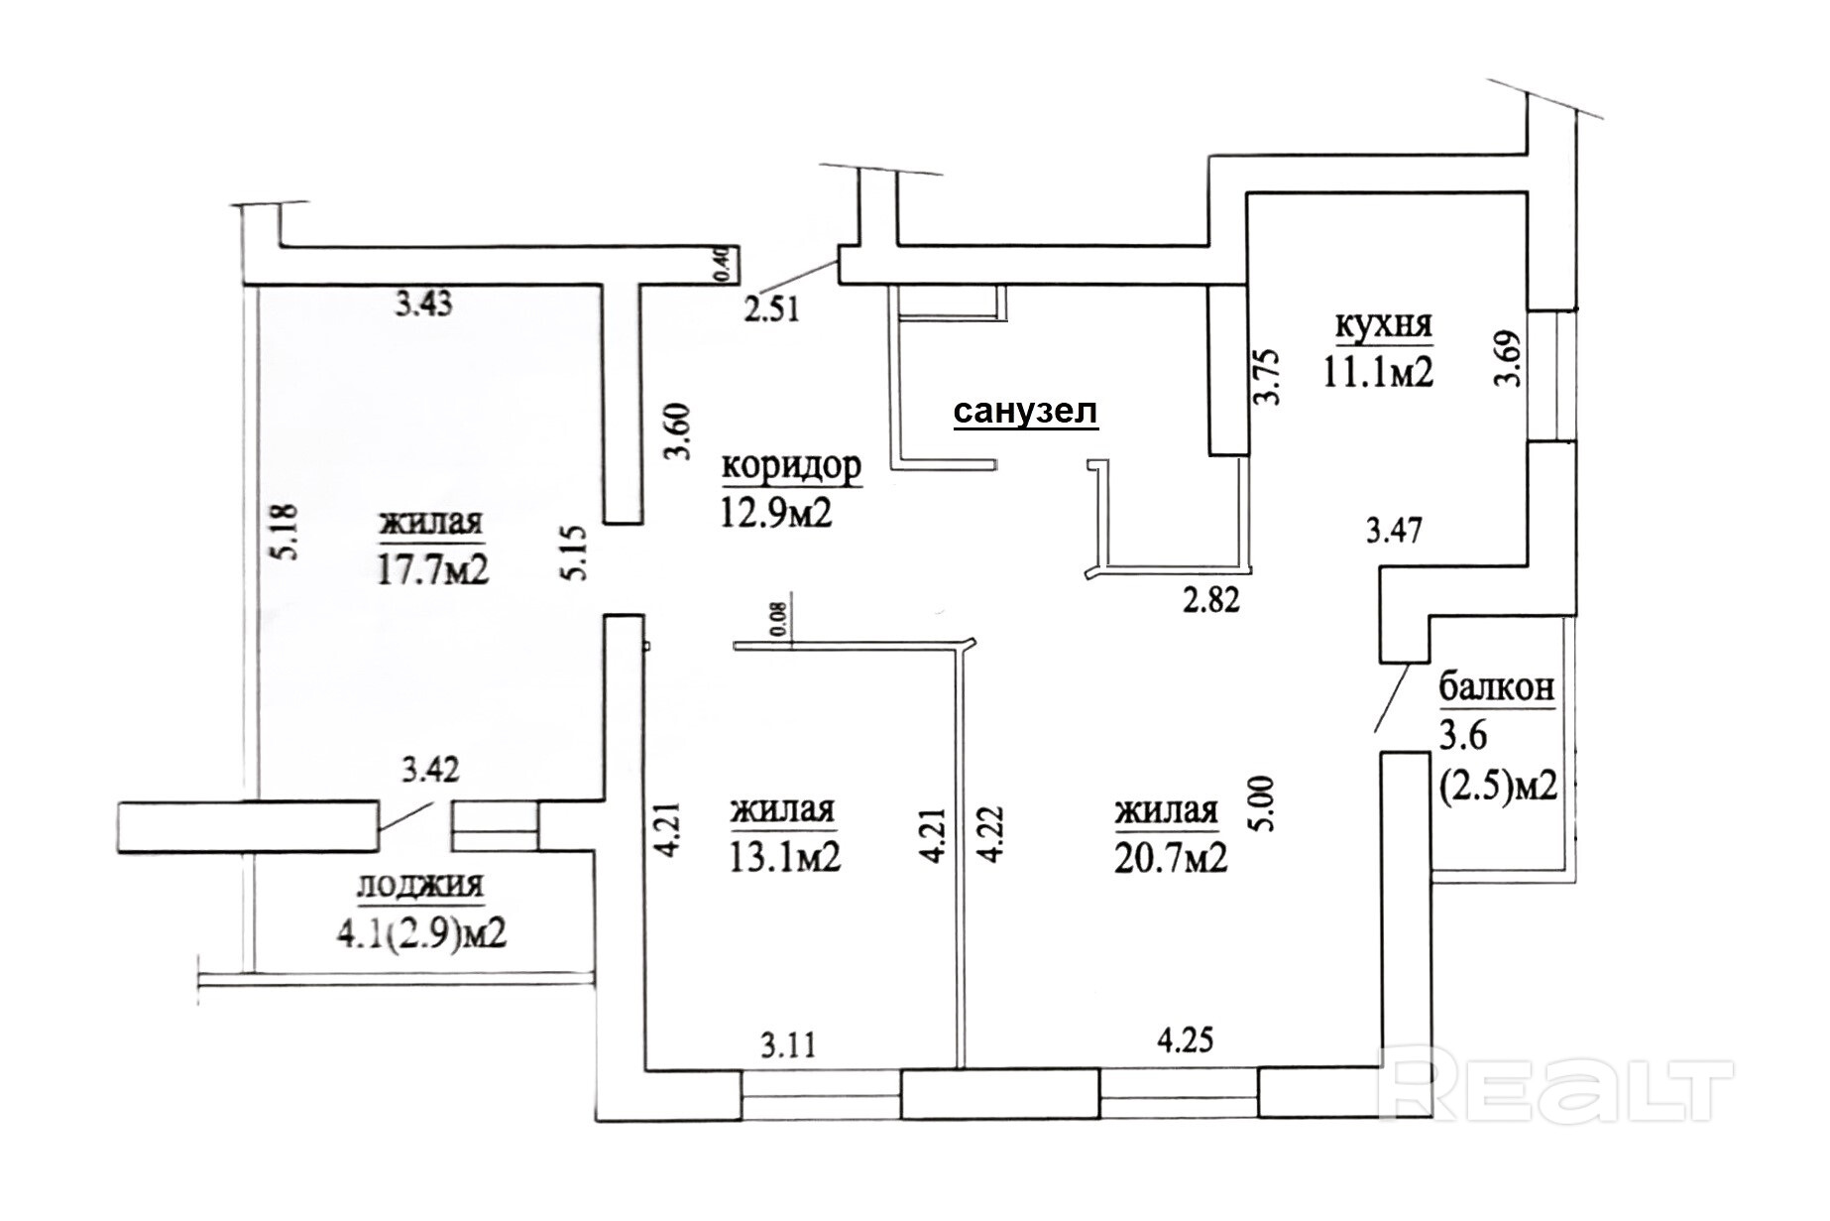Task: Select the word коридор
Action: (791, 466)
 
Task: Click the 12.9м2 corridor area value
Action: (776, 513)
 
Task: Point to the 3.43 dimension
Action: (424, 304)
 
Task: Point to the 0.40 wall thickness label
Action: (722, 264)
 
